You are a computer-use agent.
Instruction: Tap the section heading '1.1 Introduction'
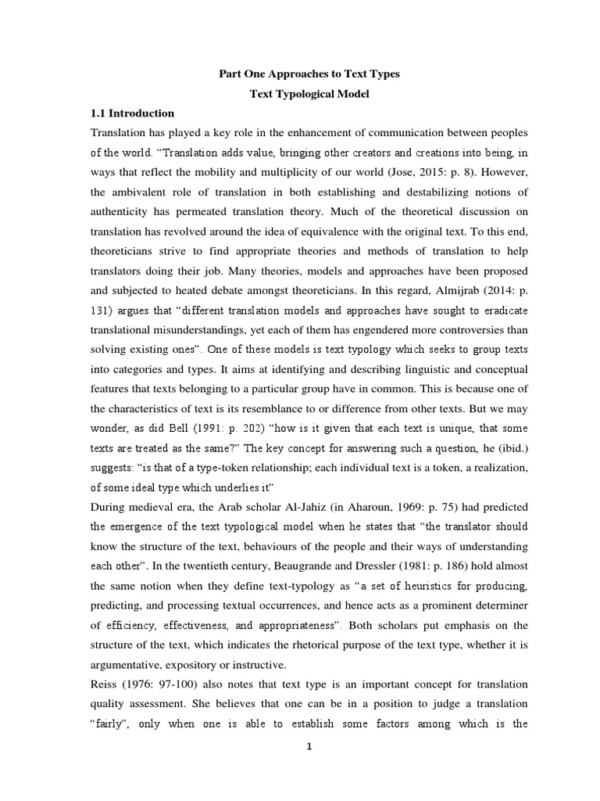click(x=133, y=113)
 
